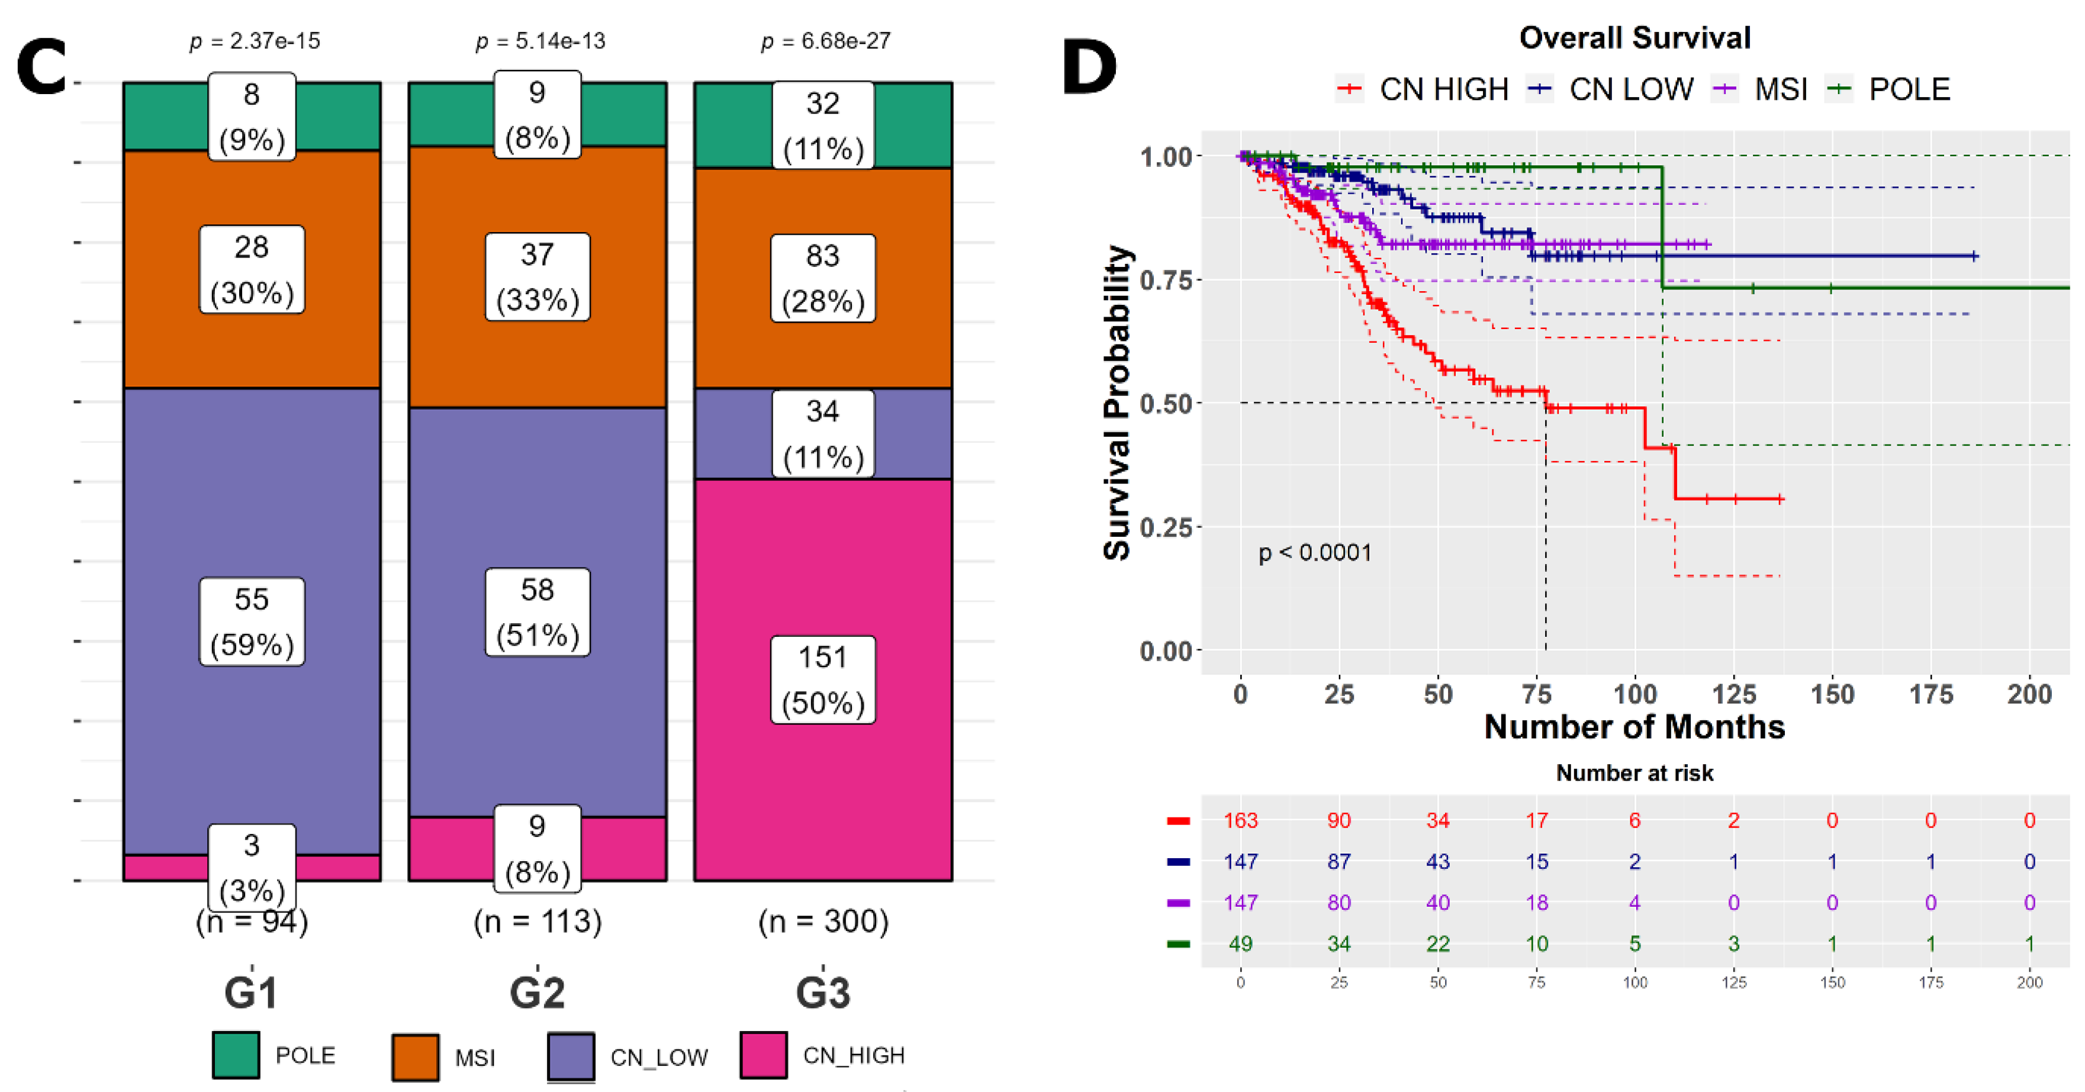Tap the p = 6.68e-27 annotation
[x=826, y=40]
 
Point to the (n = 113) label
[x=538, y=921]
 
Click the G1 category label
[x=251, y=993]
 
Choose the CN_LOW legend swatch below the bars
[x=571, y=1055]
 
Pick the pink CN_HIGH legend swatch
[x=763, y=1055]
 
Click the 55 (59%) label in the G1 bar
[x=252, y=621]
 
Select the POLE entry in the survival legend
[x=1889, y=88]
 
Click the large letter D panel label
[x=1089, y=68]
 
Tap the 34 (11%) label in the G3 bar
[x=822, y=434]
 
